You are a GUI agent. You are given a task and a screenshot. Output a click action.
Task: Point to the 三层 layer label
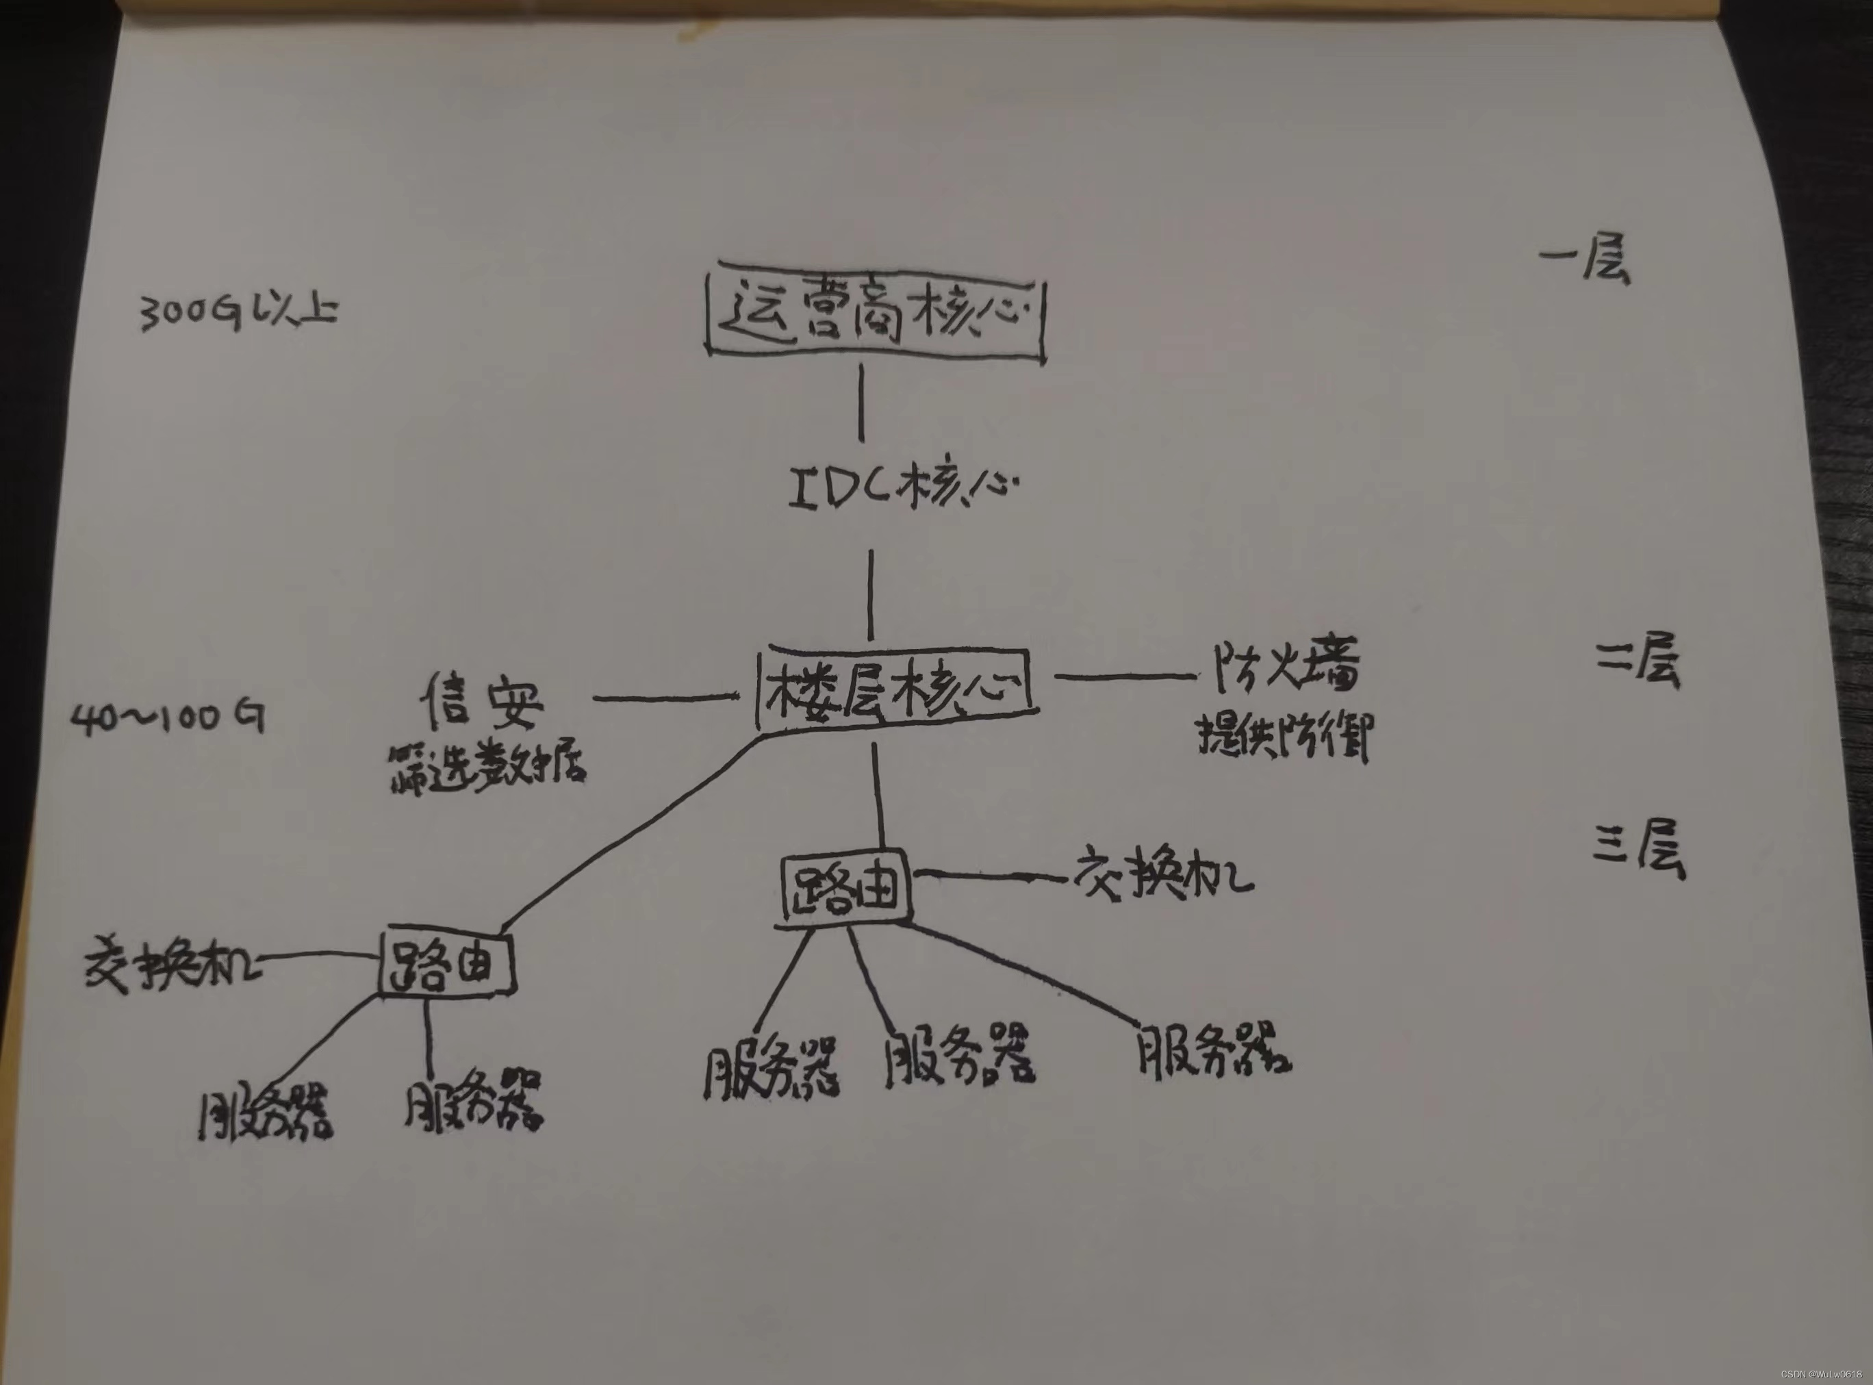1638,848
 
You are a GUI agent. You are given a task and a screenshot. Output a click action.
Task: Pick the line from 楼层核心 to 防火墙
1123,676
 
